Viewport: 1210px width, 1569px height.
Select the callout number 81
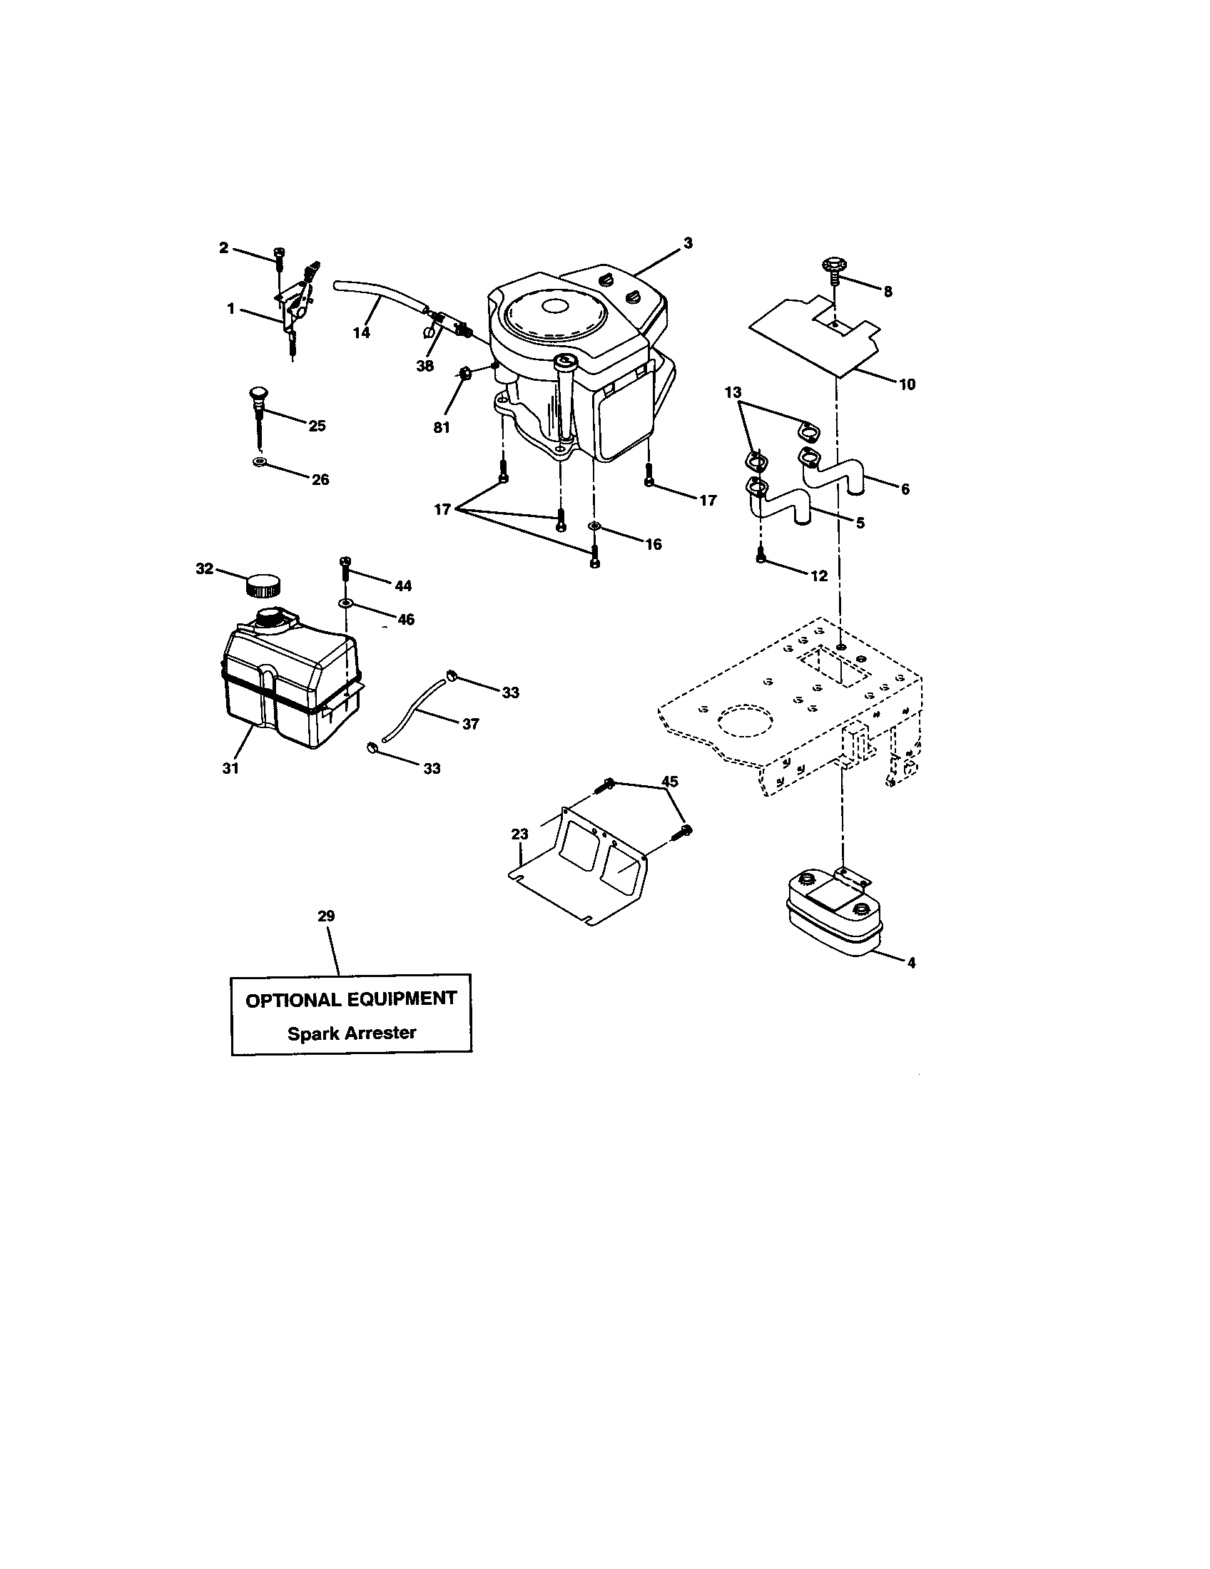click(441, 427)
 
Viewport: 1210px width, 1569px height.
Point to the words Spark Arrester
click(351, 1033)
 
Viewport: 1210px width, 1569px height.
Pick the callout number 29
click(326, 916)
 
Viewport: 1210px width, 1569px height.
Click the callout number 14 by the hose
click(362, 332)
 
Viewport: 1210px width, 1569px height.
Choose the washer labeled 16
click(594, 528)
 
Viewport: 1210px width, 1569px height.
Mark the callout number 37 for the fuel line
click(470, 724)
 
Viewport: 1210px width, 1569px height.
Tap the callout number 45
click(669, 781)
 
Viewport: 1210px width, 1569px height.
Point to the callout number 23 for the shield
click(519, 834)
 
